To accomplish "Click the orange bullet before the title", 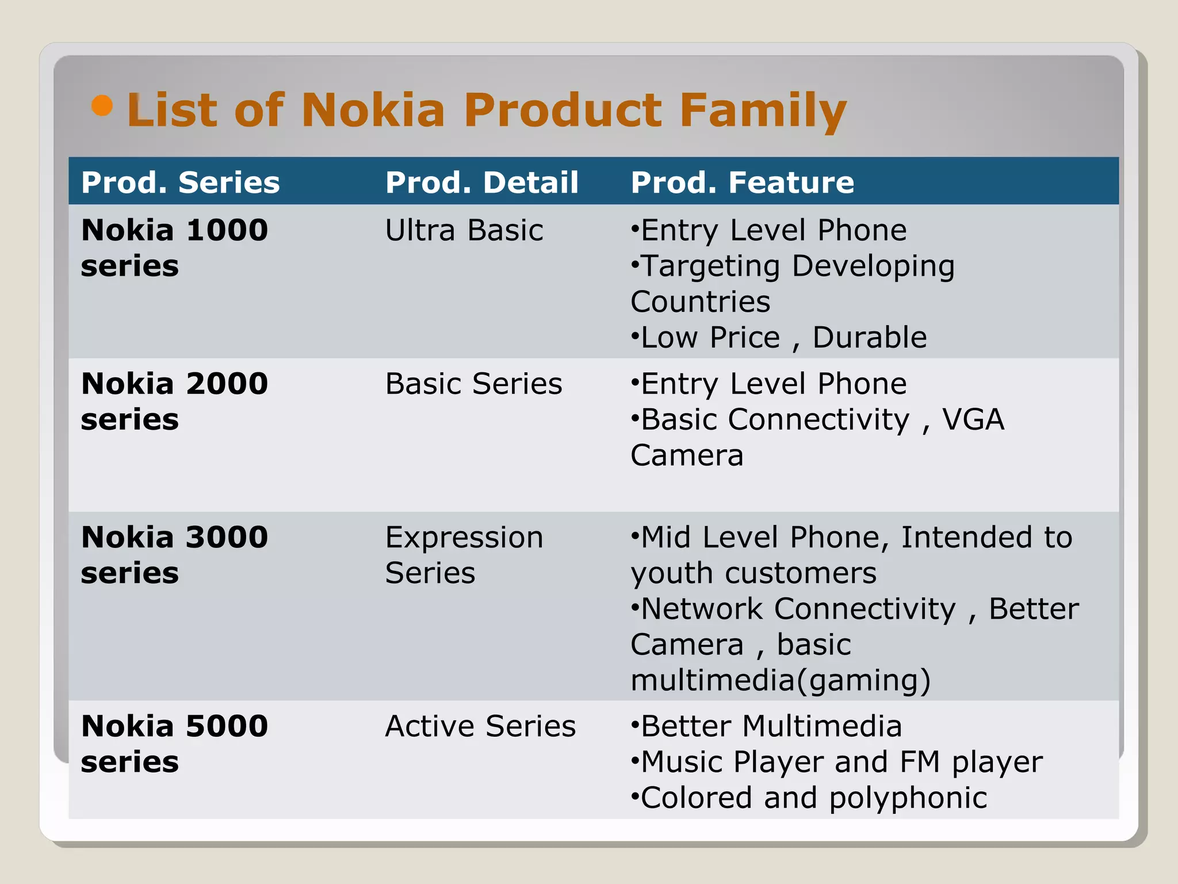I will coord(102,105).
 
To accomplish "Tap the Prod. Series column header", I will coord(181,182).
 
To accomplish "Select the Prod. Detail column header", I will coord(482,182).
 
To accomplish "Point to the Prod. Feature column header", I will coord(743,182).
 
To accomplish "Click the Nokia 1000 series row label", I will coord(174,247).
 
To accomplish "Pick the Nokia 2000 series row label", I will coord(174,401).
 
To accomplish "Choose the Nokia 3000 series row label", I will coord(174,555).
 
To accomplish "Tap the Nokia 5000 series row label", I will coord(174,744).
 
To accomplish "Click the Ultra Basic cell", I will coord(464,230).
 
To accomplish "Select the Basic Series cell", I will coord(473,384).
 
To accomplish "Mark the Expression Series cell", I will coord(464,555).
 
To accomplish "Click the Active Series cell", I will coord(480,726).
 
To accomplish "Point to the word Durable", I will coord(870,337).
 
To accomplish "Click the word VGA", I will coord(973,420).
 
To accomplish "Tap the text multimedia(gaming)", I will coord(781,681).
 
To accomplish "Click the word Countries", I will coord(701,302).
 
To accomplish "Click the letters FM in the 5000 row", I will coord(919,762).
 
